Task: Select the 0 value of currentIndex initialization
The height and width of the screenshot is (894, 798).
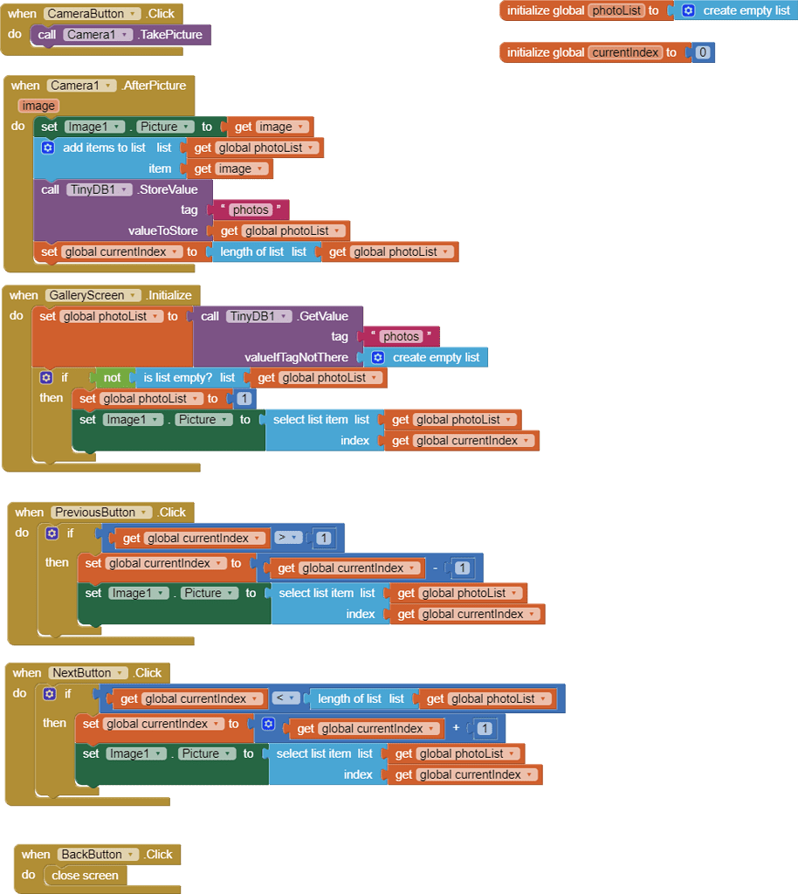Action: coord(703,52)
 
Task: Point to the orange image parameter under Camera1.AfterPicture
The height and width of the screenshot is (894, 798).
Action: coord(38,106)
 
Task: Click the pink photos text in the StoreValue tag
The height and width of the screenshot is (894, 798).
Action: coord(251,210)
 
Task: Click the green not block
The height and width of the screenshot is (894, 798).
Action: coord(112,378)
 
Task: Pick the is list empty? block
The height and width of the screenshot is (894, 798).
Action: coord(178,378)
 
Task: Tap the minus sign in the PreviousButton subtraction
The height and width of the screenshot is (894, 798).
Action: coord(435,568)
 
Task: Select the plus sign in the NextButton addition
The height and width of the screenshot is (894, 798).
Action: coord(456,728)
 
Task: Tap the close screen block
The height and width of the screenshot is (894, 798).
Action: coord(84,876)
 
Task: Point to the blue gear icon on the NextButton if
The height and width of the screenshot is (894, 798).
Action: coord(49,694)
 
